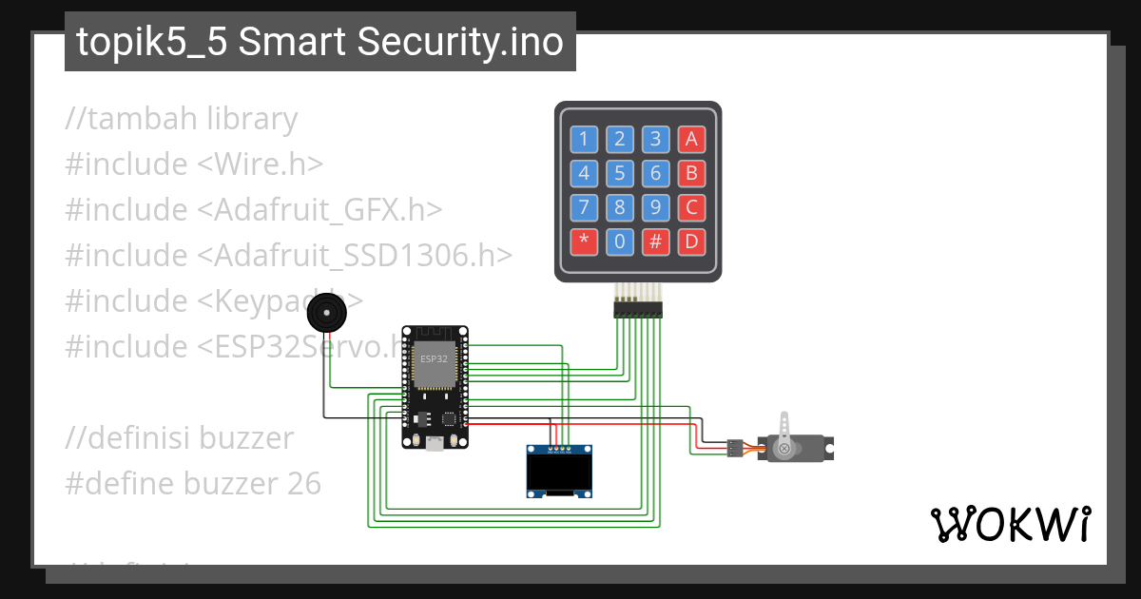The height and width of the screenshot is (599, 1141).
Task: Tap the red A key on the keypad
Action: [x=691, y=140]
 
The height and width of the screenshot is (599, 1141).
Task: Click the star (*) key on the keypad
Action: [x=584, y=242]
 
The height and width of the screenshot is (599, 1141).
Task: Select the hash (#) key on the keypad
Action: [x=655, y=242]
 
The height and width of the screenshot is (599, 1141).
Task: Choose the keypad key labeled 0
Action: [x=619, y=242]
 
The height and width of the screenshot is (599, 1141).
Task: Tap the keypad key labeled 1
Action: [x=584, y=140]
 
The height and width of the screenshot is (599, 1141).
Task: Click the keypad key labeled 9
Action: [x=655, y=207]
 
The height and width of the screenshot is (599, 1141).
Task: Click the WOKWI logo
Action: [x=1010, y=524]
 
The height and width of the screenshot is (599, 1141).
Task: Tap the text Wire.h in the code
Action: [x=257, y=164]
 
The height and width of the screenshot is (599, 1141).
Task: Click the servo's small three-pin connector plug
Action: [x=734, y=447]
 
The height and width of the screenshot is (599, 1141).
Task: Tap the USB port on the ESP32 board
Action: [x=434, y=442]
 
